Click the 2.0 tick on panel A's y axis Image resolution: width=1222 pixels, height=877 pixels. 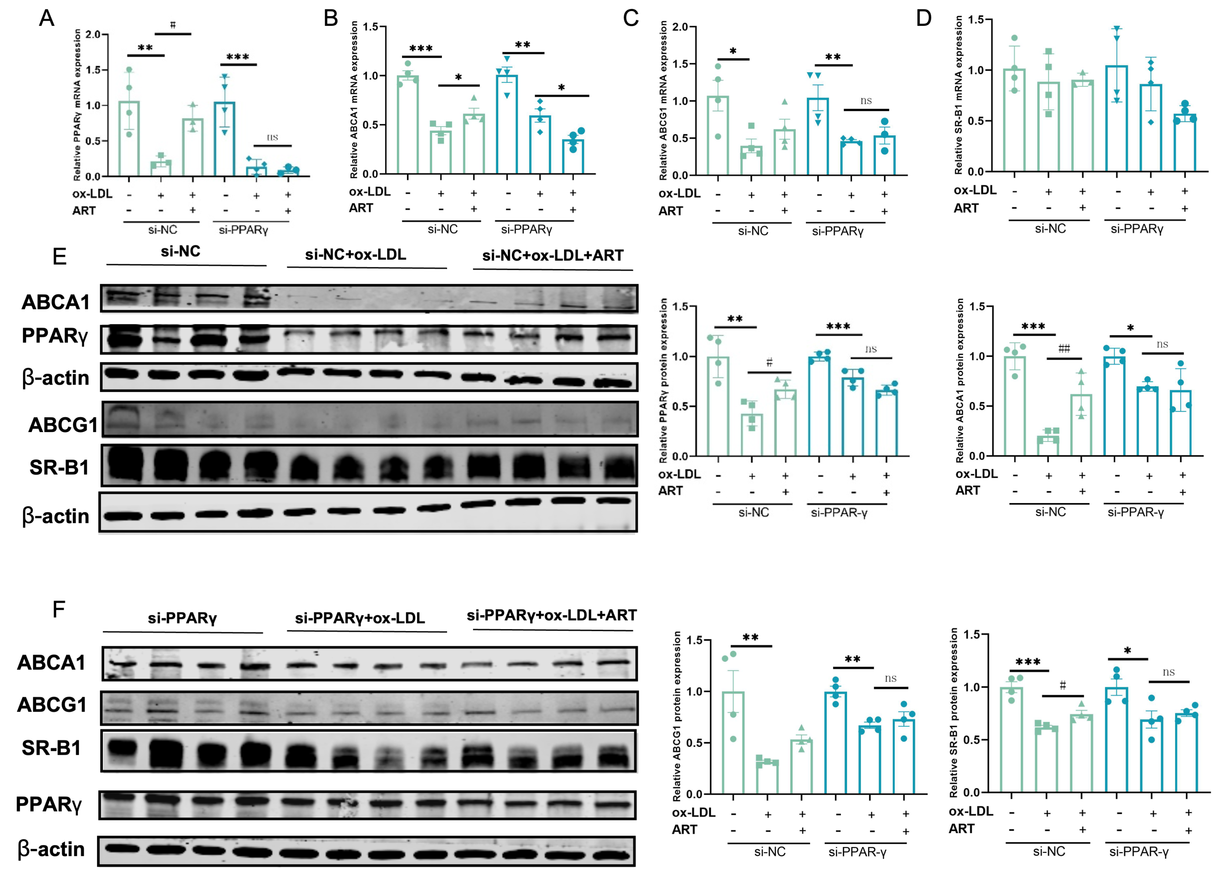coord(93,34)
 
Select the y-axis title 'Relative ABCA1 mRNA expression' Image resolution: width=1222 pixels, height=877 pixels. coord(354,100)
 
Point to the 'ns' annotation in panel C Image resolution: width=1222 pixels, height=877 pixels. coord(866,101)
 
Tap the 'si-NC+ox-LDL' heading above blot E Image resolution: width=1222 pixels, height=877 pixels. coord(355,255)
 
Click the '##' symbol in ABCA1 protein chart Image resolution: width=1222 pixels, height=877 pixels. coord(1064,349)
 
